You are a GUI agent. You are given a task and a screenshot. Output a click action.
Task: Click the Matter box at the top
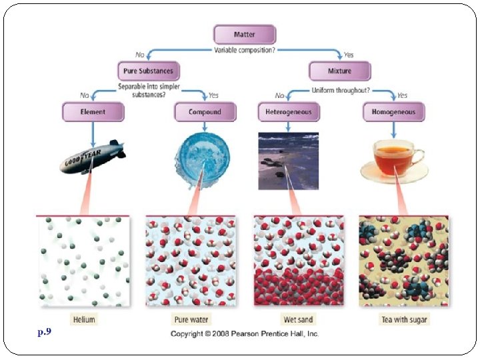tap(244, 35)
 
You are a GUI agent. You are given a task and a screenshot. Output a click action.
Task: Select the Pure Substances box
tap(148, 71)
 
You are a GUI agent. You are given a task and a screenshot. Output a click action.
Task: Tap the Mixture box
tap(339, 71)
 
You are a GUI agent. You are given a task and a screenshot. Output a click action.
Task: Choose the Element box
tap(93, 112)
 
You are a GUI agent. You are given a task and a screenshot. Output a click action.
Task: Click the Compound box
tap(205, 112)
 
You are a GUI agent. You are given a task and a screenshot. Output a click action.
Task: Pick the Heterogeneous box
tap(288, 112)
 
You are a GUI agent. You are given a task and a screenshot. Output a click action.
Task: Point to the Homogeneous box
tap(393, 112)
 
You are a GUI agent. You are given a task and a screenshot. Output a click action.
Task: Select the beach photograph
tap(288, 160)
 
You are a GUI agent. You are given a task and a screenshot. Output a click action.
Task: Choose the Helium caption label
tap(85, 319)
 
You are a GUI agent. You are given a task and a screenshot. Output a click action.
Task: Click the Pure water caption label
tap(191, 319)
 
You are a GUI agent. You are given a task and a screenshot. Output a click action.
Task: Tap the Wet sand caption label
tap(297, 319)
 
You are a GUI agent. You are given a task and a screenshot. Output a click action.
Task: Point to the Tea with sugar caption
tap(404, 319)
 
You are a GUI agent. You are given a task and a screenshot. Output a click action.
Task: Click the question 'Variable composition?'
tap(244, 50)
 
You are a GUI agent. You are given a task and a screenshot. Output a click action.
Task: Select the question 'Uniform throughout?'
tap(341, 90)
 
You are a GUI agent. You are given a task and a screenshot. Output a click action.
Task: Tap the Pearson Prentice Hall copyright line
tap(245, 333)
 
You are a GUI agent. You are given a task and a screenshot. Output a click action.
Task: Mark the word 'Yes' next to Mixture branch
tap(349, 55)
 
